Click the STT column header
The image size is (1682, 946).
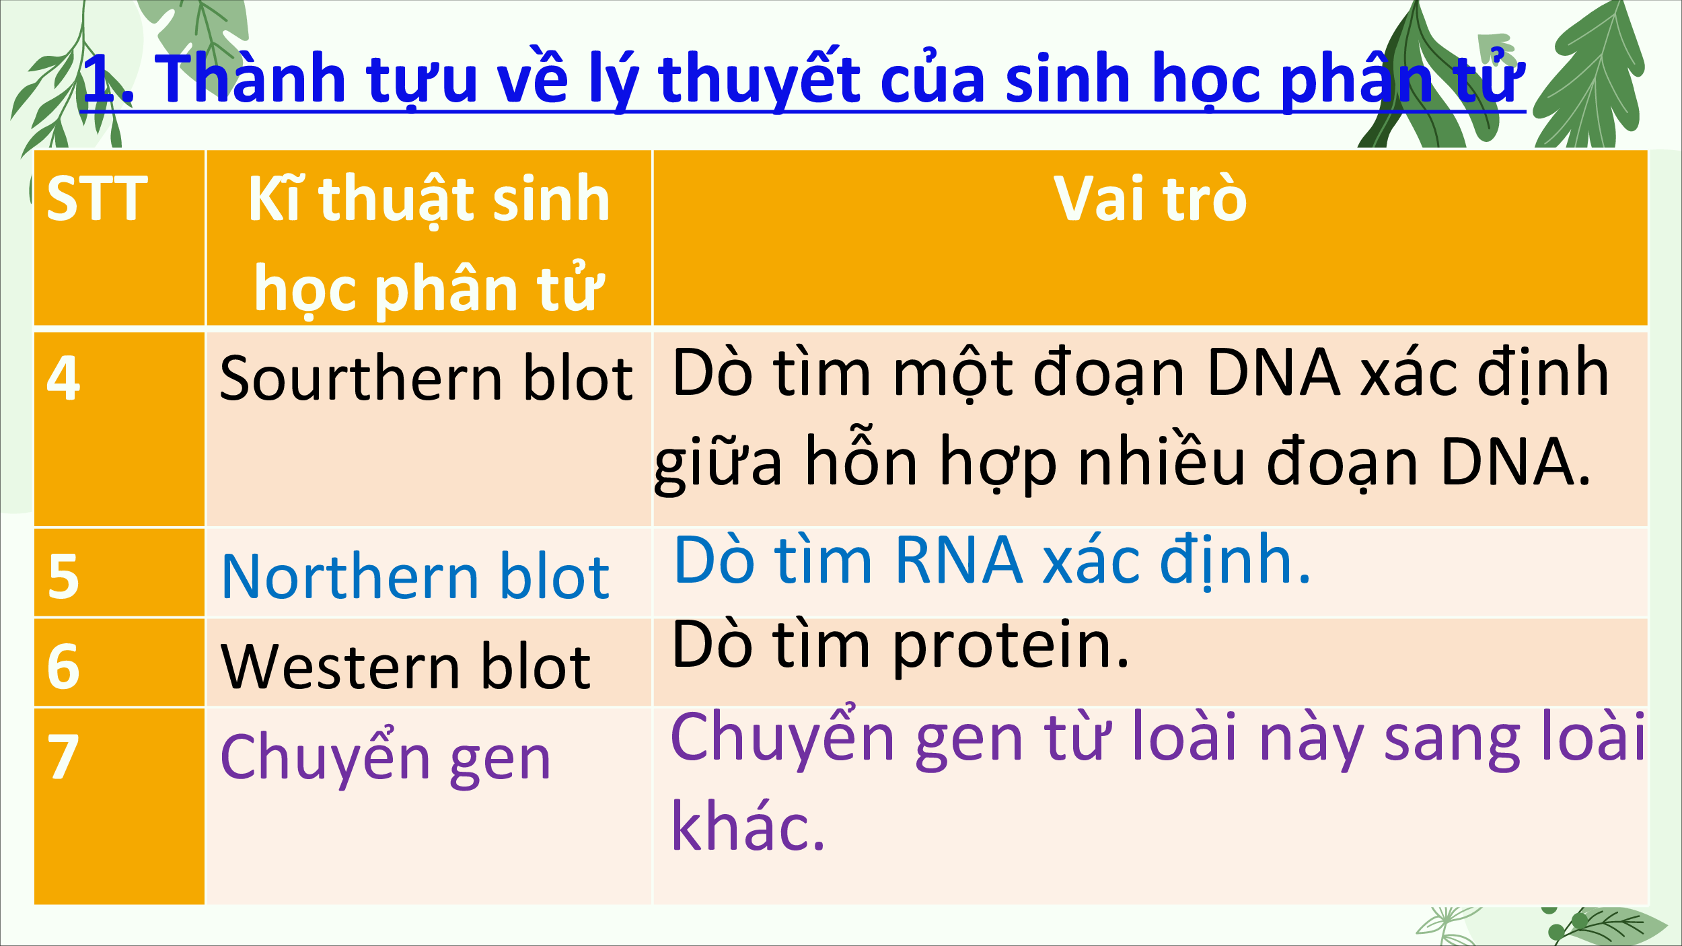(97, 198)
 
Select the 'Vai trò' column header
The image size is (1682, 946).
(1150, 198)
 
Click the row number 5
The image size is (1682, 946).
(63, 576)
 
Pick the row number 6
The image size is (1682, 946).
(63, 666)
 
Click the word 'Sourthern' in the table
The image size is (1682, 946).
(361, 378)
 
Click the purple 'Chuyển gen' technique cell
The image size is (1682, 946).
(386, 758)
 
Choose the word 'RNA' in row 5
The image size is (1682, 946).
(959, 559)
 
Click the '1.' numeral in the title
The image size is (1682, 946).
(108, 79)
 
